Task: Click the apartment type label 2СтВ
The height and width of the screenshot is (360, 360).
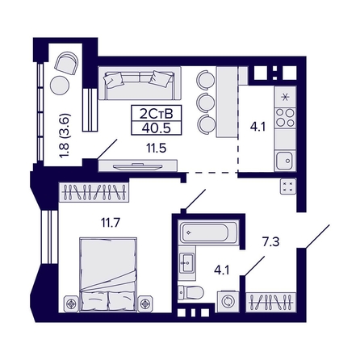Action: pos(156,114)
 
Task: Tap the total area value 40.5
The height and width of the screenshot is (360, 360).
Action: pos(157,128)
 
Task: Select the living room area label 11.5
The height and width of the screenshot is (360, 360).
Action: pos(157,148)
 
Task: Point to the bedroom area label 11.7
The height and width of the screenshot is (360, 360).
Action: pos(111,223)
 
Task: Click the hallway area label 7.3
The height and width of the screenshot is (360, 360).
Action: pos(271,242)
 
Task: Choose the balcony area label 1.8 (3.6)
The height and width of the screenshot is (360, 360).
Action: pos(66,136)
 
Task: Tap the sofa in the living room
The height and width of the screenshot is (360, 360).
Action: pos(140,83)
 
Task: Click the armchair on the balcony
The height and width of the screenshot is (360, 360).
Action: pos(66,63)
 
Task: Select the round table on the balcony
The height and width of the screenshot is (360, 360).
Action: pos(60,86)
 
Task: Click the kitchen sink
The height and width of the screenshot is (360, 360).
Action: pos(285,161)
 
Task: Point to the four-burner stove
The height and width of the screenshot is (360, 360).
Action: pos(285,118)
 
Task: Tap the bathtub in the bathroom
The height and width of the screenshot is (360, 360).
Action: pos(208,232)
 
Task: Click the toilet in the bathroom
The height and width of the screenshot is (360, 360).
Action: pos(191,292)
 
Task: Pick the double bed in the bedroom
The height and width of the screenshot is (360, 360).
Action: pos(108,274)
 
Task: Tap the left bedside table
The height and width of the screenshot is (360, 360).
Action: pos(71,304)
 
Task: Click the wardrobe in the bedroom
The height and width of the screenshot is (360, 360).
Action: pos(94,192)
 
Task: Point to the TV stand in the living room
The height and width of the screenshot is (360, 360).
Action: pos(137,165)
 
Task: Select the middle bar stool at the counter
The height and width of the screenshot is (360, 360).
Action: pos(207,102)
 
